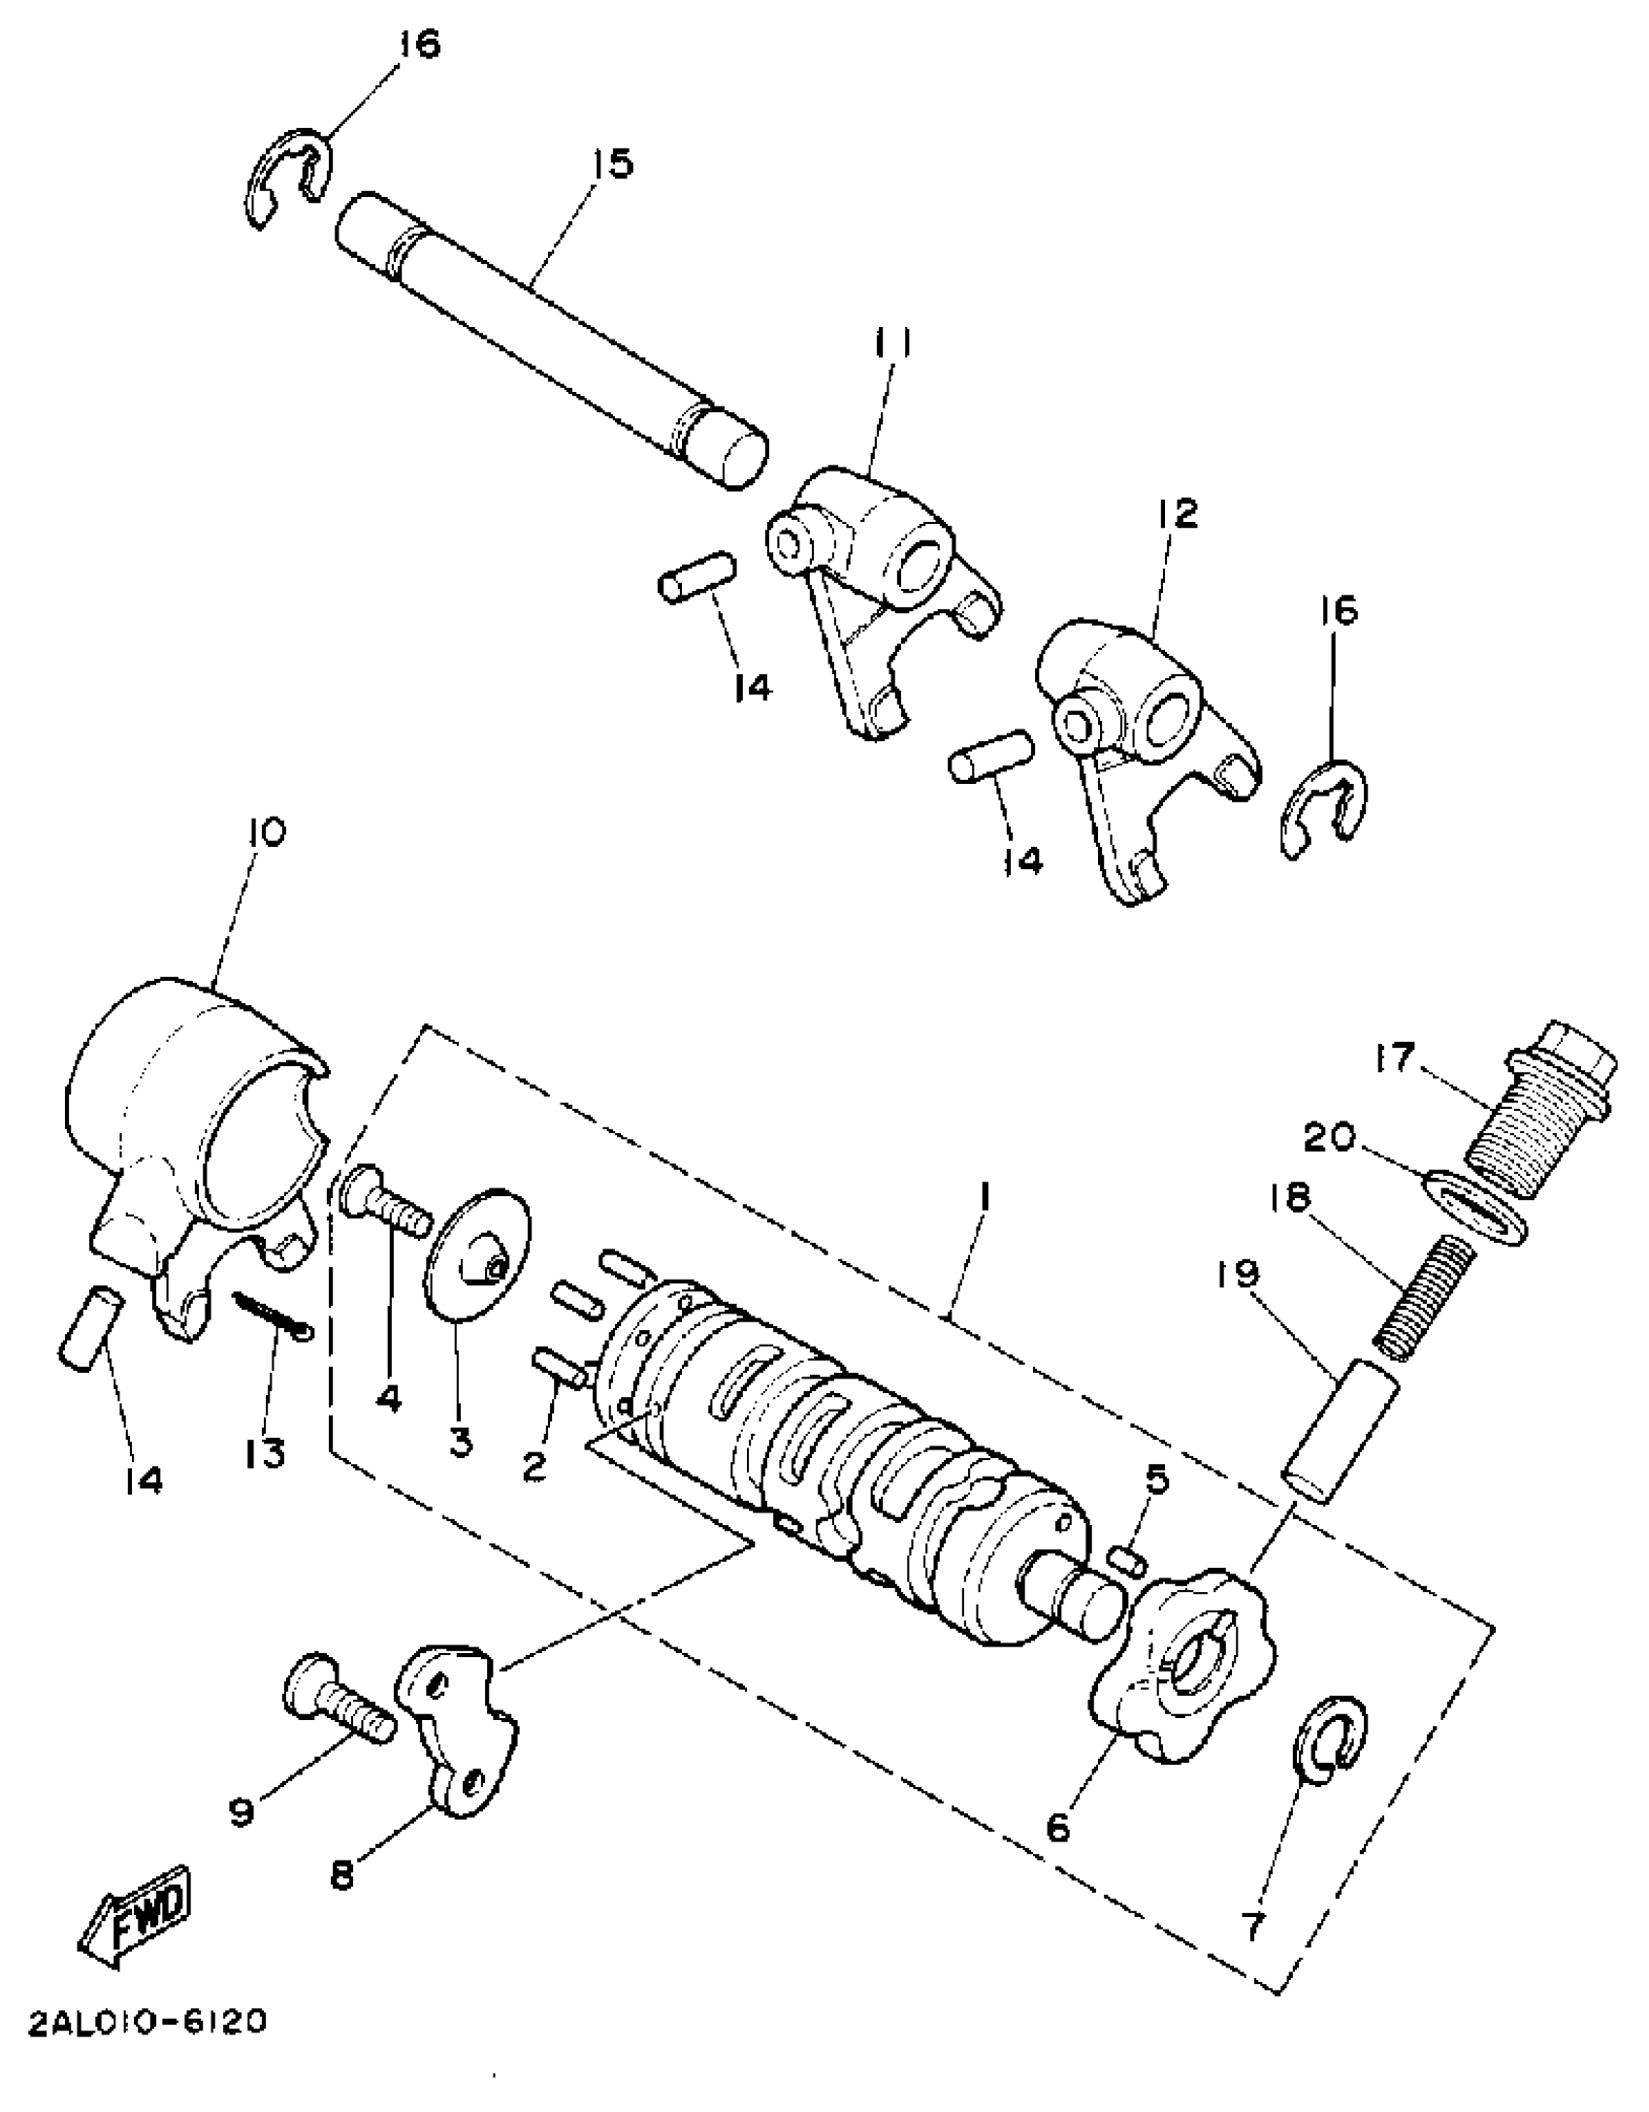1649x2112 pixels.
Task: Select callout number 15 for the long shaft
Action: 609,163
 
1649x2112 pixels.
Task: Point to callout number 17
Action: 1394,1056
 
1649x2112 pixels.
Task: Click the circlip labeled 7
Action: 1329,1747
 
